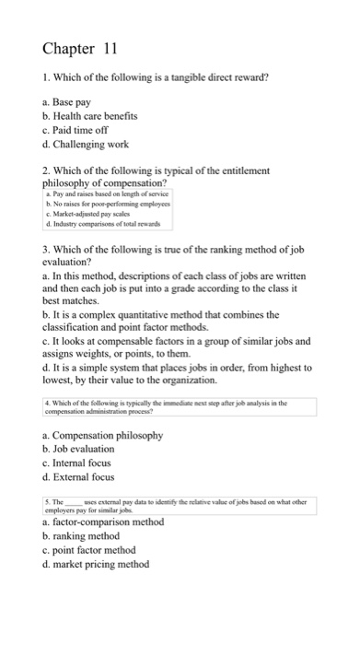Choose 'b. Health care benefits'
click(90, 116)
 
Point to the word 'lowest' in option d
click(63, 406)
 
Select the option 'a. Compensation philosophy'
click(103, 461)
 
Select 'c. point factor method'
click(93, 551)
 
